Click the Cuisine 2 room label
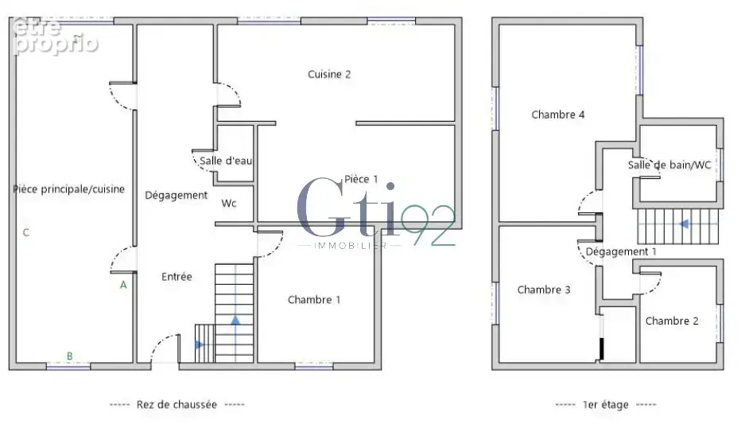coord(329,74)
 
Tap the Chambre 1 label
coord(314,300)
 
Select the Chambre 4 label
coord(558,115)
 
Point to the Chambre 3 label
coord(544,290)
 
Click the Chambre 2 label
coord(672,321)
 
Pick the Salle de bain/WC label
coord(669,165)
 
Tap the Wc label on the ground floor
coord(228,204)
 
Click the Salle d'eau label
coord(226,161)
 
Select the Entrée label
coord(177,277)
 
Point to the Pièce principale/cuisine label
coord(69,189)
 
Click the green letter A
coord(123,285)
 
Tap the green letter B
coord(69,356)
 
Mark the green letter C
coord(26,232)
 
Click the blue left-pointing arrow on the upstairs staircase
coord(685,224)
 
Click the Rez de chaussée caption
coord(177,405)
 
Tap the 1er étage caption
coord(605,405)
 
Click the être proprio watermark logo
coord(56,35)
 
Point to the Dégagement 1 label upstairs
coord(621,251)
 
